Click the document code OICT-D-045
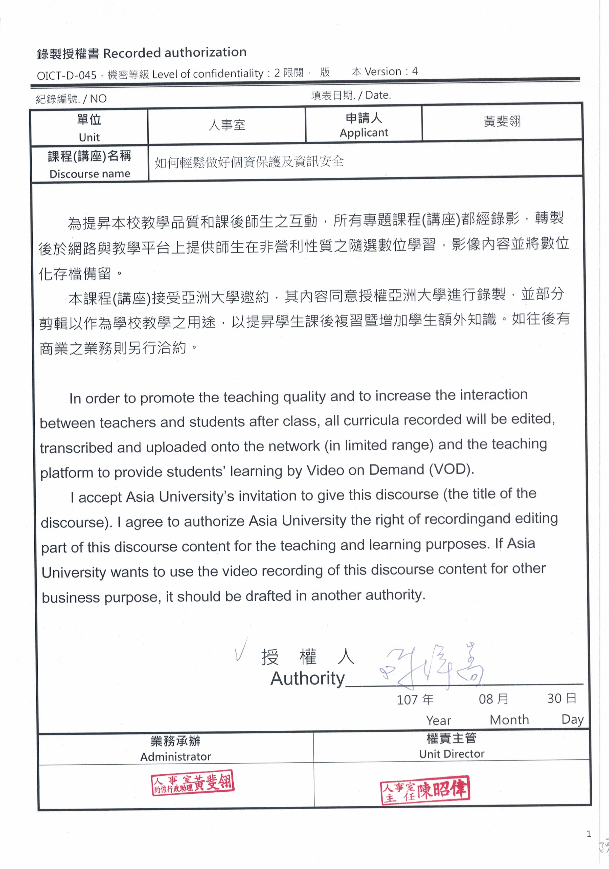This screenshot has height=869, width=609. pyautogui.click(x=67, y=75)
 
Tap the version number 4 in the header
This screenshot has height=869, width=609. pyautogui.click(x=415, y=71)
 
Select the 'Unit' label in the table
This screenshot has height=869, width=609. pyautogui.click(x=89, y=137)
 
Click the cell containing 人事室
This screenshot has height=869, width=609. pyautogui.click(x=227, y=125)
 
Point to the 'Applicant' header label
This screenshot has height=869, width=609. pyautogui.click(x=364, y=132)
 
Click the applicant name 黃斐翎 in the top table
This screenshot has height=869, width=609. pyautogui.click(x=502, y=121)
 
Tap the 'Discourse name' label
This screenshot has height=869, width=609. pyautogui.click(x=90, y=174)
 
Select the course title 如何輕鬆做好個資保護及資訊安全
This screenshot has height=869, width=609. pyautogui.click(x=249, y=162)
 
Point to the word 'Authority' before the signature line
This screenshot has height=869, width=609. pyautogui.click(x=307, y=678)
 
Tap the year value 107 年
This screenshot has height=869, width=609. pyautogui.click(x=415, y=699)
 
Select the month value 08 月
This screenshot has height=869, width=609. pyautogui.click(x=493, y=699)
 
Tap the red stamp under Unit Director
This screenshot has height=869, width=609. pyautogui.click(x=425, y=790)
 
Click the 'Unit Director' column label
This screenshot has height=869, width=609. pyautogui.click(x=452, y=754)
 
